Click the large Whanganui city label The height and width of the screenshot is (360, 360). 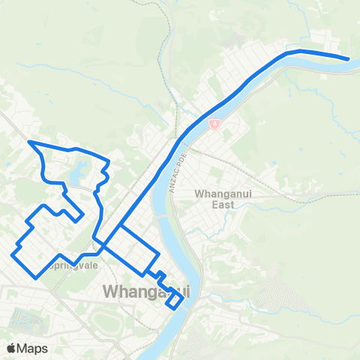(145, 291)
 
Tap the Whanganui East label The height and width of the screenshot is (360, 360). (222, 198)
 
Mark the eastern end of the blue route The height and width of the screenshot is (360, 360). (348, 58)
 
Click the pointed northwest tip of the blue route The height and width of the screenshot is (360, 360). (29, 141)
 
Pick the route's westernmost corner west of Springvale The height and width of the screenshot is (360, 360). (13, 255)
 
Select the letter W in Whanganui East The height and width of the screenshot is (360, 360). (199, 193)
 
